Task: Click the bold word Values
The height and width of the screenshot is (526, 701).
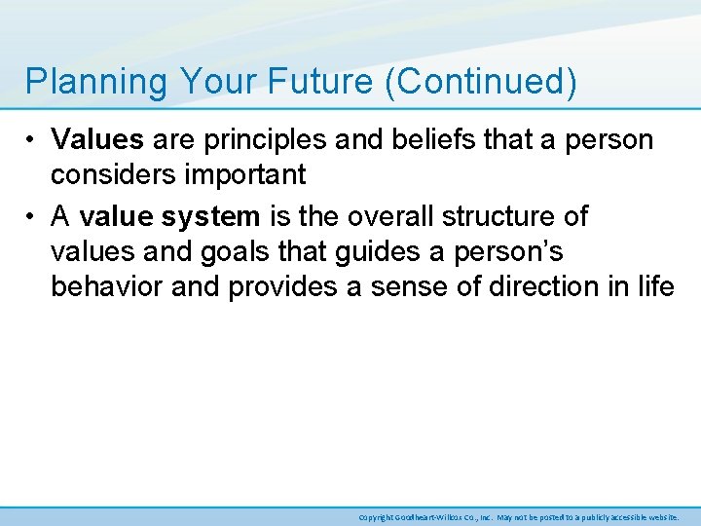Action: pos(98,140)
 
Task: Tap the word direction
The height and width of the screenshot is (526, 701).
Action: pos(566,287)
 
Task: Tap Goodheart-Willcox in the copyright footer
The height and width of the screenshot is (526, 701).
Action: pos(429,516)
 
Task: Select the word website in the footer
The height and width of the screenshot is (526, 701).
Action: pos(661,516)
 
